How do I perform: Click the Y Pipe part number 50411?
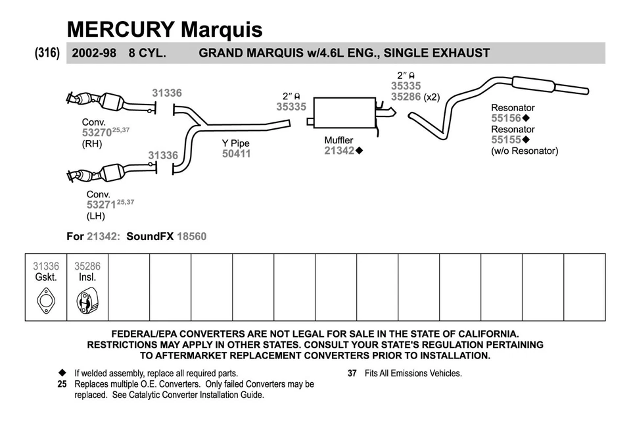click(236, 154)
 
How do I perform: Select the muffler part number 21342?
click(339, 151)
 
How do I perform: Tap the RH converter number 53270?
click(96, 132)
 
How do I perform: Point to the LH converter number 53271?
click(101, 205)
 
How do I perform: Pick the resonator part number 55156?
click(505, 118)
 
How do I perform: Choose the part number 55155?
click(505, 140)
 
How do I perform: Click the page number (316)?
click(47, 53)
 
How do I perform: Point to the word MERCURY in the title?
click(121, 29)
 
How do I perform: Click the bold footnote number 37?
click(352, 373)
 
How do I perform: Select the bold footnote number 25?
click(62, 384)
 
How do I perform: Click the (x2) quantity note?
click(431, 97)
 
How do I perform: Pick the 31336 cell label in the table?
click(46, 266)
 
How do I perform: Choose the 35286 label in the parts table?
click(87, 266)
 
